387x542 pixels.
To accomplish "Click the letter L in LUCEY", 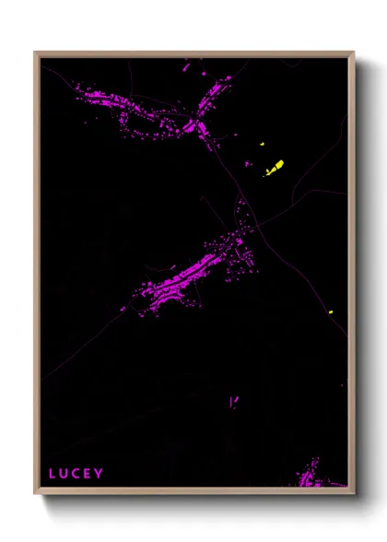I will pyautogui.click(x=53, y=474).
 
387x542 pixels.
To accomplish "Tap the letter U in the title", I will pyautogui.click(x=64, y=474).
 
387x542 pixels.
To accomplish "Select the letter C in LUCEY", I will pyautogui.click(x=76, y=474).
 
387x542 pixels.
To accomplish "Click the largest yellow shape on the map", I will pyautogui.click(x=275, y=168).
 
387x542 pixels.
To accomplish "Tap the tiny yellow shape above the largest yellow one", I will pyautogui.click(x=263, y=145).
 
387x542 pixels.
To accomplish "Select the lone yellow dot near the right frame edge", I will pyautogui.click(x=330, y=313).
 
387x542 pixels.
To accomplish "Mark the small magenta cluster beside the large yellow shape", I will pyautogui.click(x=247, y=164).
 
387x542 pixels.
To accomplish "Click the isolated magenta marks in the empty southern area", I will pyautogui.click(x=233, y=401).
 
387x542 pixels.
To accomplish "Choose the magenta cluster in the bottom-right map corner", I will pyautogui.click(x=313, y=474).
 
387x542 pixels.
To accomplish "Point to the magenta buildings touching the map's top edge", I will pyautogui.click(x=192, y=63).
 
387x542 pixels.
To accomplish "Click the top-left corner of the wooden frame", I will pyautogui.click(x=35, y=53).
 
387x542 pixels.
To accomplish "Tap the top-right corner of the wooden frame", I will pyautogui.click(x=354, y=53).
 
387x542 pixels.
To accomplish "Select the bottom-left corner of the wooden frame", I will pyautogui.click(x=35, y=494).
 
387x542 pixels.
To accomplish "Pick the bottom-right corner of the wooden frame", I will pyautogui.click(x=354, y=494).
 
